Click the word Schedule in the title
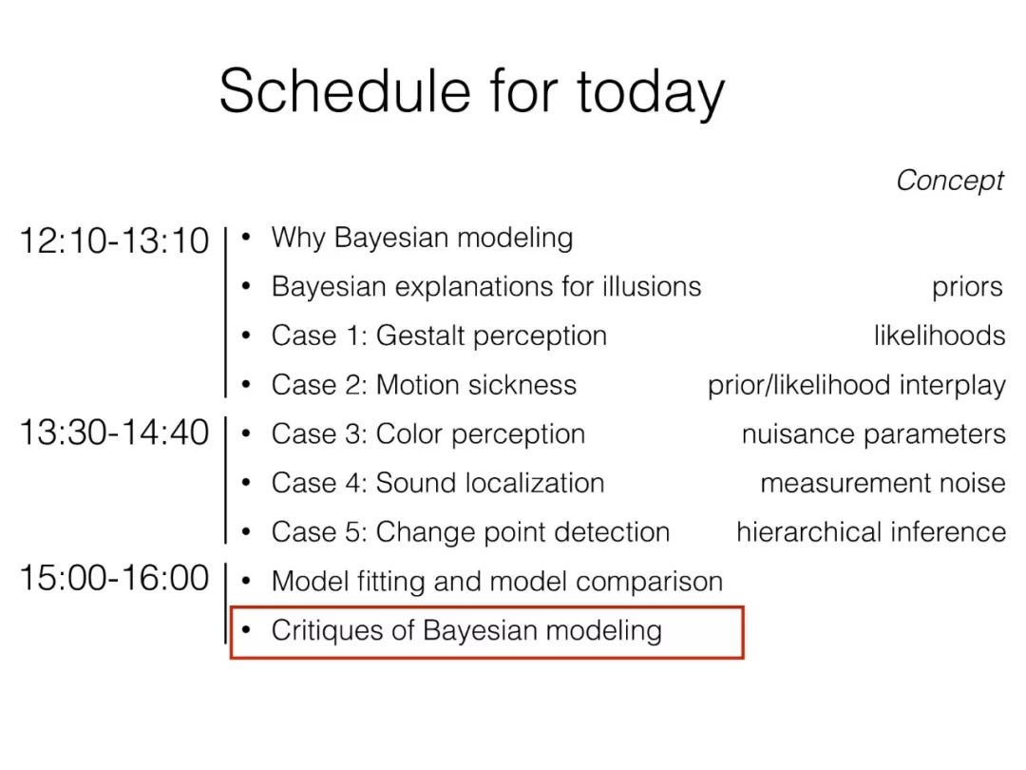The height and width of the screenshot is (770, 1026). (x=345, y=91)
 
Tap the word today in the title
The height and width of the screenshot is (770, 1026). (x=651, y=96)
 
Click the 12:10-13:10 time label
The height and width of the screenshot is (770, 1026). (x=114, y=241)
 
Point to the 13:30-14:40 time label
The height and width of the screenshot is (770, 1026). (x=114, y=433)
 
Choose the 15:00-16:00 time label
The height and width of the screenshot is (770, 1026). (x=114, y=578)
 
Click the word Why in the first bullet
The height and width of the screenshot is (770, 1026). (x=298, y=239)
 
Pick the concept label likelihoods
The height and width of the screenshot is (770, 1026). (x=939, y=336)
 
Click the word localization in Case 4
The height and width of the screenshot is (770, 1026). (x=535, y=483)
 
